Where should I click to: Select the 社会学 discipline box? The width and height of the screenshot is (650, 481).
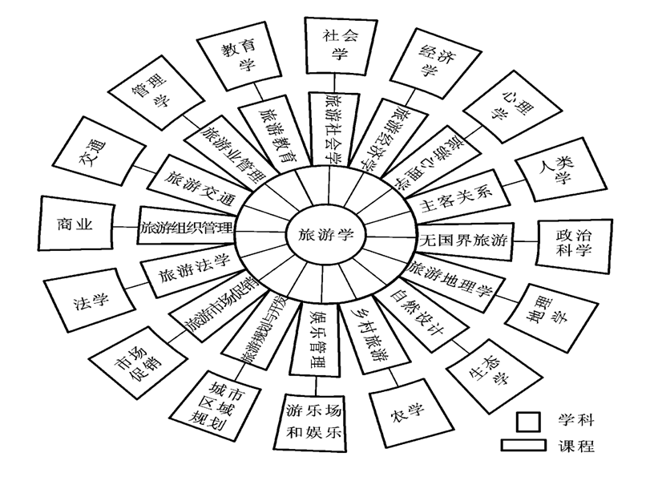pos(337,46)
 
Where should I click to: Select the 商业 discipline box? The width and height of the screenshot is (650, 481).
pos(76,225)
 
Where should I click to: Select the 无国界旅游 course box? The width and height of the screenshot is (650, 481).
pos(463,240)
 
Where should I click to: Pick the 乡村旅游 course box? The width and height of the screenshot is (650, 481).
pos(368,338)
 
